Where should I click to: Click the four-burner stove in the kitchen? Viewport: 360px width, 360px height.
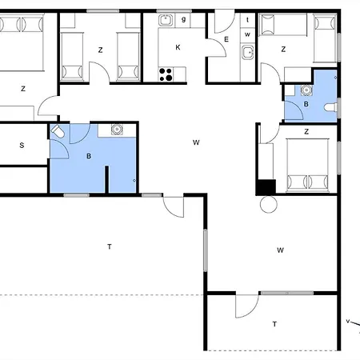166,74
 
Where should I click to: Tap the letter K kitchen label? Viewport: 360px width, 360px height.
178,47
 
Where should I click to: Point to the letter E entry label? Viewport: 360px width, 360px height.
226,39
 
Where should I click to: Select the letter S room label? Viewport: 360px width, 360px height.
22,146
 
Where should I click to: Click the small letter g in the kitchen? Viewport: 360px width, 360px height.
183,19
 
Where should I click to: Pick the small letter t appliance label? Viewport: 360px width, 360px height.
248,20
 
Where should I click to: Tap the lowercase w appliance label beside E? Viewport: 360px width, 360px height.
247,34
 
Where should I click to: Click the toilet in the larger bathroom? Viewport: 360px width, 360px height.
58,131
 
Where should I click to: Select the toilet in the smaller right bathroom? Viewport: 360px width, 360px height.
330,107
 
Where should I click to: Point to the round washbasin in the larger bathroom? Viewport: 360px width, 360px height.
117,130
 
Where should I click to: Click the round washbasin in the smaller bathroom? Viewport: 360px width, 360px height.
306,90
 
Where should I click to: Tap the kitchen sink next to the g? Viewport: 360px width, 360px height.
166,20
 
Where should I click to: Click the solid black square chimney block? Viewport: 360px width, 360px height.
266,187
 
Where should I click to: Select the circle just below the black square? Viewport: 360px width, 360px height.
269,204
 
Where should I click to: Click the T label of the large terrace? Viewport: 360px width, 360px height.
110,246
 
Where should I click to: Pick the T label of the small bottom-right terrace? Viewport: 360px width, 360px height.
274,324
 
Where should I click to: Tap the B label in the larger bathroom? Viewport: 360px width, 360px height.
89,156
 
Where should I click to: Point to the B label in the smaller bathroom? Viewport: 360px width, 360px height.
306,104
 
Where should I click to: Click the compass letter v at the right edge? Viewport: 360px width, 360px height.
348,321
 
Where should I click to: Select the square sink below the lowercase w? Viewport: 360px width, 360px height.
248,52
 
